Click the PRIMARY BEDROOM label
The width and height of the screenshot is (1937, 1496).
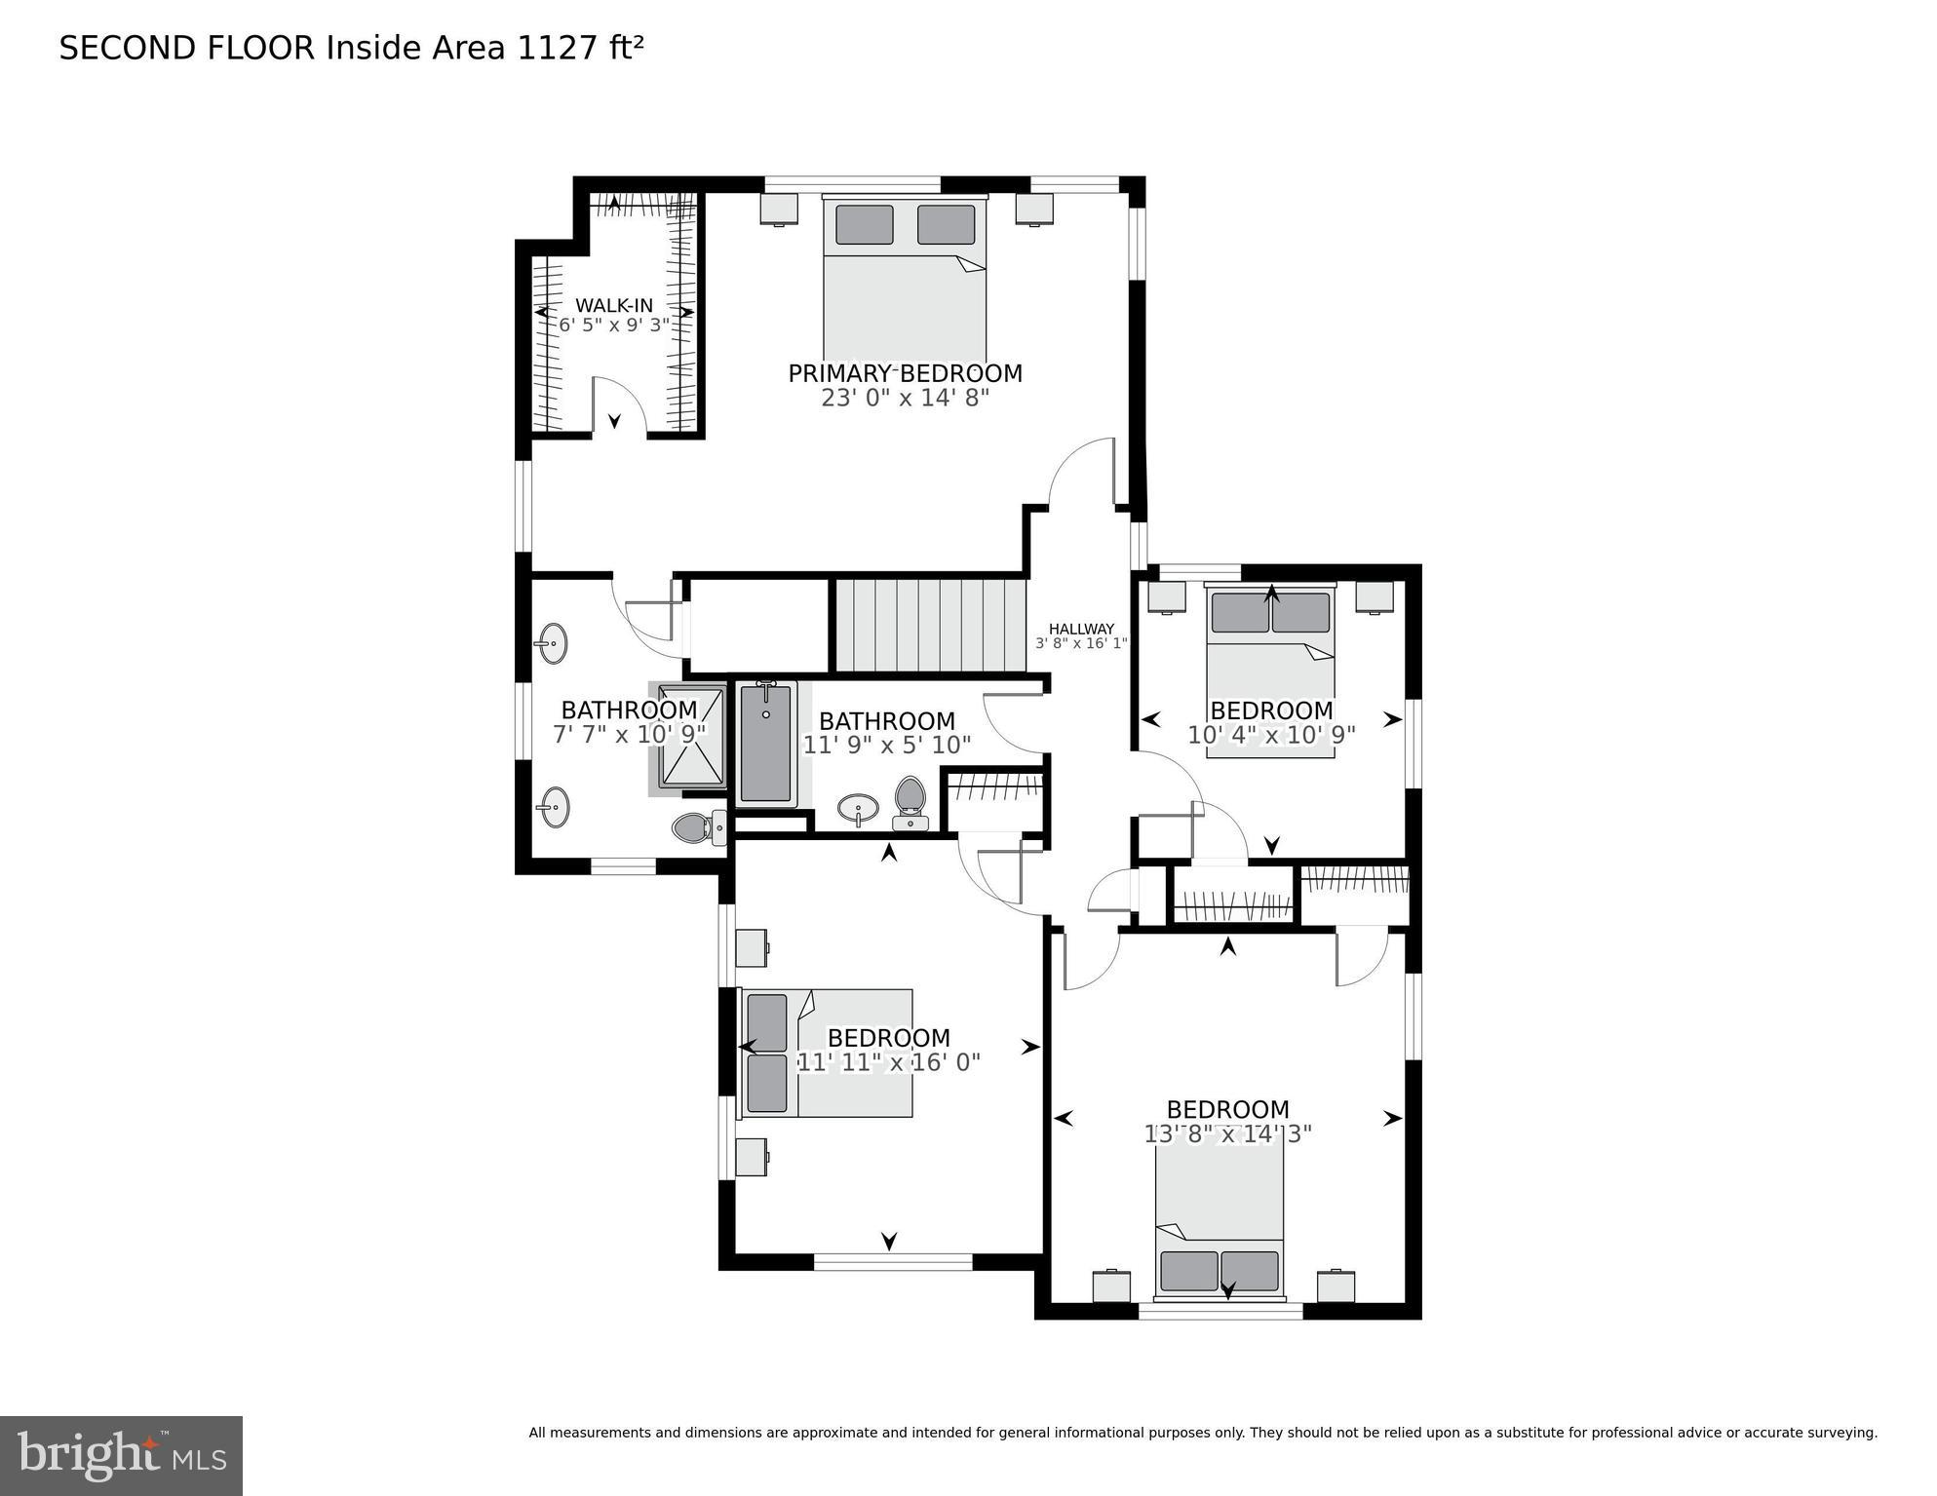point(905,373)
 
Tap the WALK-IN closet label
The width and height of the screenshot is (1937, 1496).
point(613,305)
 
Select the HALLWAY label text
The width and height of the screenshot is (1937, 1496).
point(1081,629)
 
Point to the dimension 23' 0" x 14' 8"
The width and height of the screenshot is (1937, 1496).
point(905,398)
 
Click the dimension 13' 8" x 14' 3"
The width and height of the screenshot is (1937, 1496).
point(1227,1133)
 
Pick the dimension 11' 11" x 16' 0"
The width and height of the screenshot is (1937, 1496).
point(888,1062)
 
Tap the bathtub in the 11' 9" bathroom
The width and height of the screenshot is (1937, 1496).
point(765,743)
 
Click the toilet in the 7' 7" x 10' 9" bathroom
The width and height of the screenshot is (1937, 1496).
point(694,828)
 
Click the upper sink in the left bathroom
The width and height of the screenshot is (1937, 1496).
point(552,643)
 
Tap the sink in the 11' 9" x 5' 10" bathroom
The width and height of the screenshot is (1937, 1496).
point(858,808)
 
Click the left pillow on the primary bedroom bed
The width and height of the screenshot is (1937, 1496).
point(864,224)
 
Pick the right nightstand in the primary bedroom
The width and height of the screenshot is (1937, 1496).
point(1034,209)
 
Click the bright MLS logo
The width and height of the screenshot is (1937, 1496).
point(121,1456)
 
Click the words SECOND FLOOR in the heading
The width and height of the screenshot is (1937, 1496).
point(186,48)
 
